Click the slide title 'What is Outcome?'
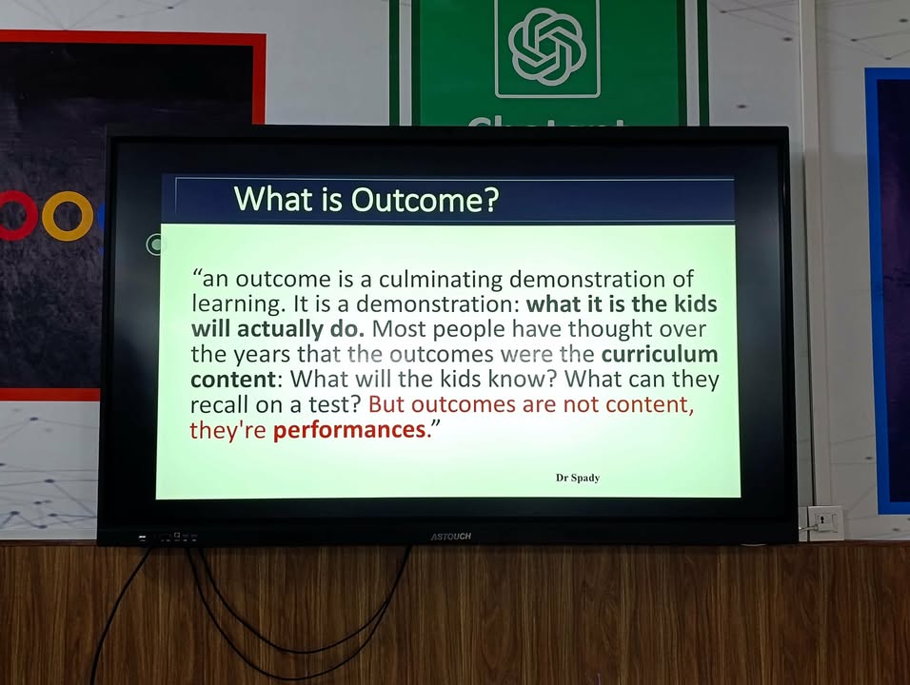coord(366,199)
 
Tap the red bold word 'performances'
coord(350,430)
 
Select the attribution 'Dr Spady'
coord(578,478)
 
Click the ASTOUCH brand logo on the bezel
coord(451,537)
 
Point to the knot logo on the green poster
coord(546,47)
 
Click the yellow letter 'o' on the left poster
coord(68,216)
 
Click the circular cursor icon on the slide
coord(155,245)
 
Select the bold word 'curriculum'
coord(660,354)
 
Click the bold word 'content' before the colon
coord(233,380)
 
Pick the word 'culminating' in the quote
coord(441,280)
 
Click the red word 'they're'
coord(228,430)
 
